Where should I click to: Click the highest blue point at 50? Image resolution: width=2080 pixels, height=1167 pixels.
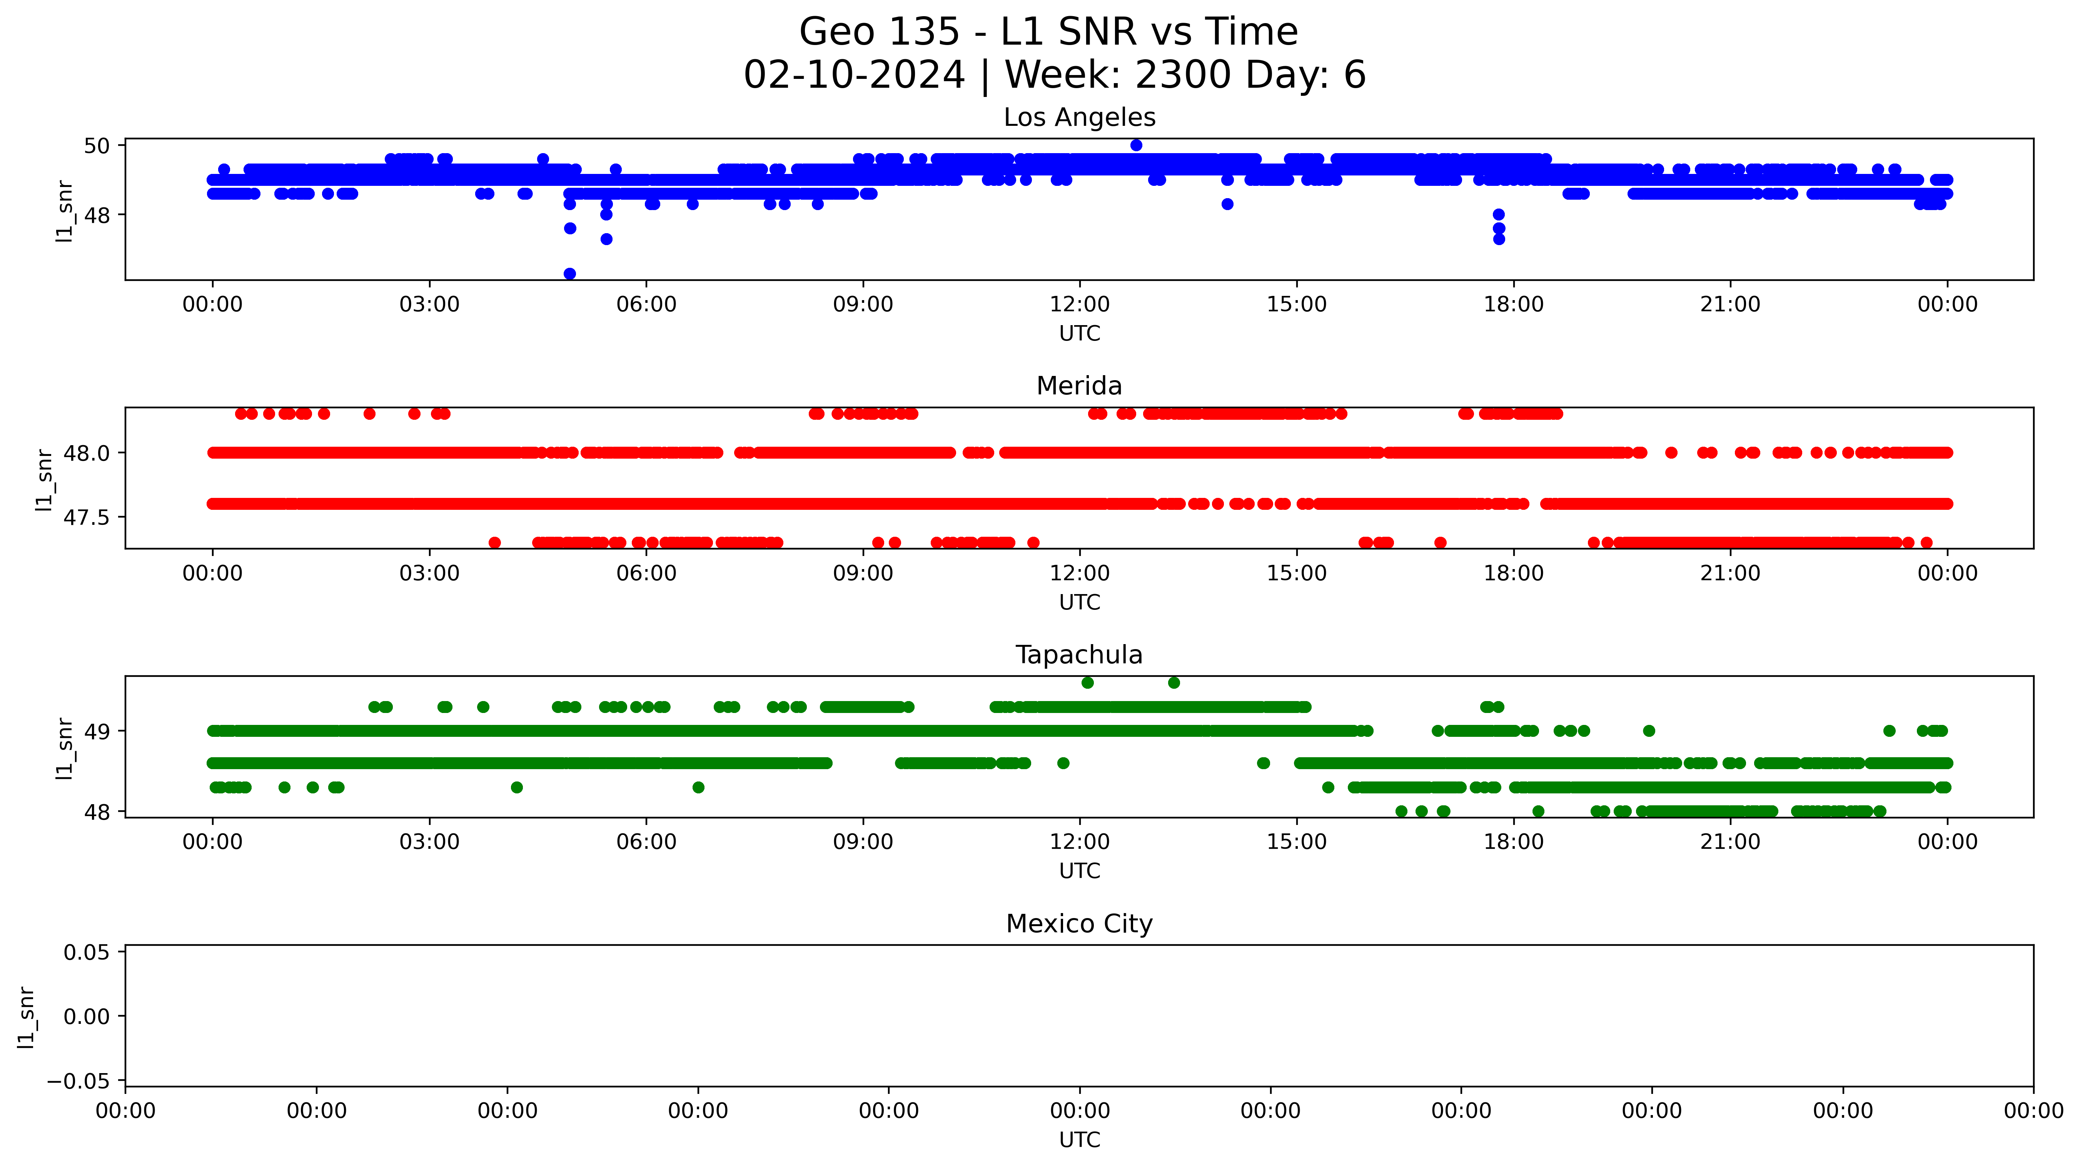[1136, 145]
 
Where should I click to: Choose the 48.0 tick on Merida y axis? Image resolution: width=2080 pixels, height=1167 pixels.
[87, 453]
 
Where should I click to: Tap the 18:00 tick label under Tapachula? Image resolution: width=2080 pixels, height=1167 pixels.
[1513, 842]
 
